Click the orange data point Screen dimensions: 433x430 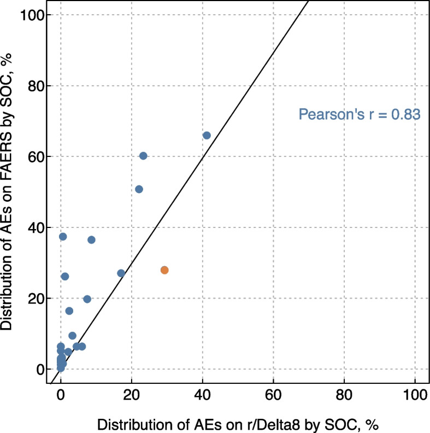164,270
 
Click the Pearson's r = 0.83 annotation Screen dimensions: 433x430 359,115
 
